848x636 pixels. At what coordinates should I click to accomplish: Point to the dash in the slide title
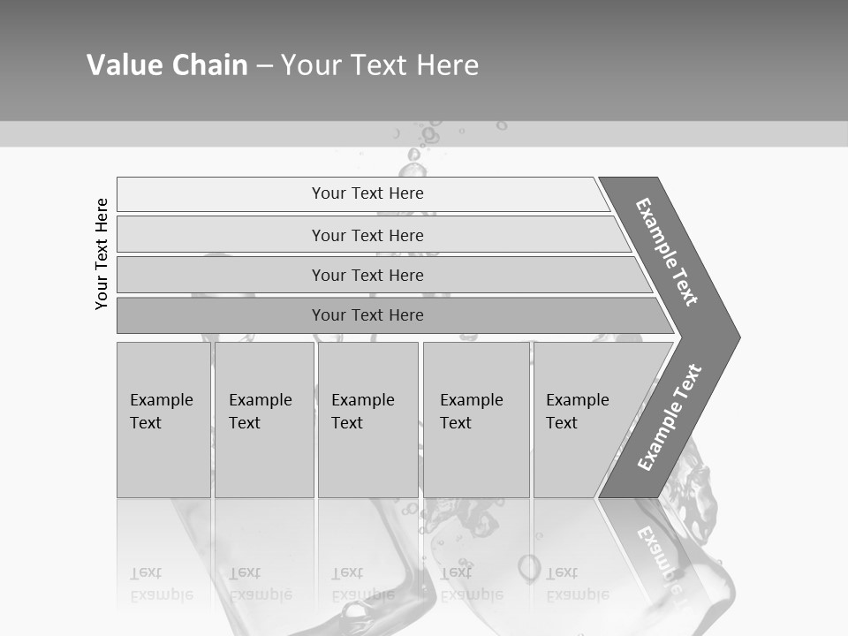[264, 65]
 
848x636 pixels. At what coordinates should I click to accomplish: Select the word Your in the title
[309, 65]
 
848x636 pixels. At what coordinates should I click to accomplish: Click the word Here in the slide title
[447, 65]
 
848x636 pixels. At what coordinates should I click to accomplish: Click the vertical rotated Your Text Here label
[102, 254]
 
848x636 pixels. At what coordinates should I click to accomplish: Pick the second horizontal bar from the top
[367, 235]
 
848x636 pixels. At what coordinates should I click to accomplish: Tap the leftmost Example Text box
[163, 420]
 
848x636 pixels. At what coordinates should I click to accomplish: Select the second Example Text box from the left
[264, 420]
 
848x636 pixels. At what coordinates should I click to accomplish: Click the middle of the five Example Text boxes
[367, 420]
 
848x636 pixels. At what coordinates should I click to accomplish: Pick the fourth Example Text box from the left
[476, 420]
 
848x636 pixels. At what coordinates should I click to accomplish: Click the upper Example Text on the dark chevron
[667, 252]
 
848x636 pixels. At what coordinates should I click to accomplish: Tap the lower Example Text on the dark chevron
[669, 417]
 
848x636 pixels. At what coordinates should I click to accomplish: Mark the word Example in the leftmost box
[161, 400]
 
